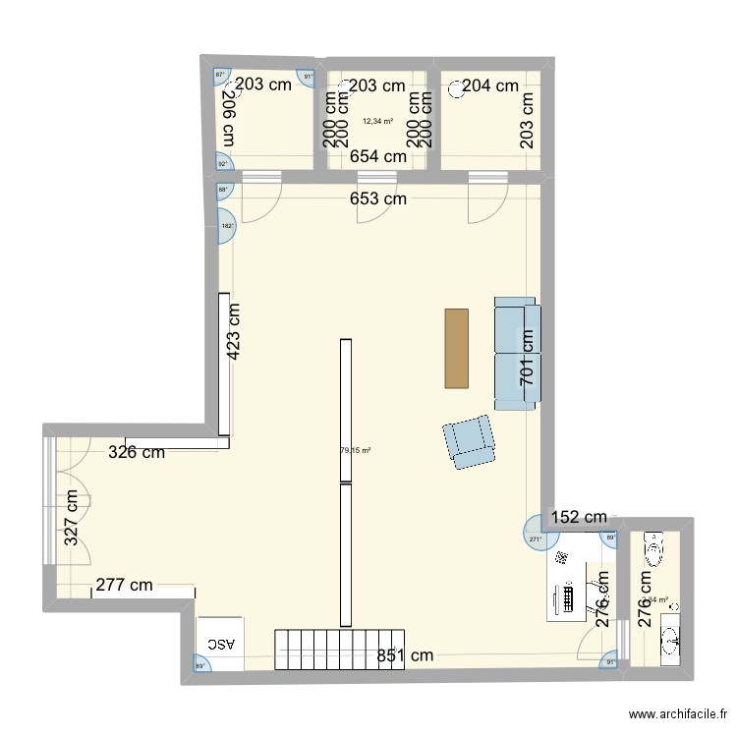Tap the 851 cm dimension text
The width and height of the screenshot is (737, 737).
click(x=405, y=655)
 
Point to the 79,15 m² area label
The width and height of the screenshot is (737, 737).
click(x=355, y=451)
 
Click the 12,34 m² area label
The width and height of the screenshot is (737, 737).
click(x=377, y=122)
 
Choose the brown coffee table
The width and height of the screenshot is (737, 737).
click(x=457, y=348)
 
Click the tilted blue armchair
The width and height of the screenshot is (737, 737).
click(x=469, y=441)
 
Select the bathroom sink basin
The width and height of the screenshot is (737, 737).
click(x=673, y=640)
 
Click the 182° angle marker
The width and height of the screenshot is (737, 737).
click(x=227, y=227)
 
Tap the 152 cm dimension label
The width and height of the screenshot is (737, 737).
click(x=579, y=517)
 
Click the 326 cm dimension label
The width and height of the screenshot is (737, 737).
click(x=136, y=453)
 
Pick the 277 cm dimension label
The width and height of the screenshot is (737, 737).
click(x=124, y=586)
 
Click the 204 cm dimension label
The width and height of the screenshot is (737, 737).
click(x=489, y=85)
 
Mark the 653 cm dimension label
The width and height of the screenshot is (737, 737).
click(x=378, y=198)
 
